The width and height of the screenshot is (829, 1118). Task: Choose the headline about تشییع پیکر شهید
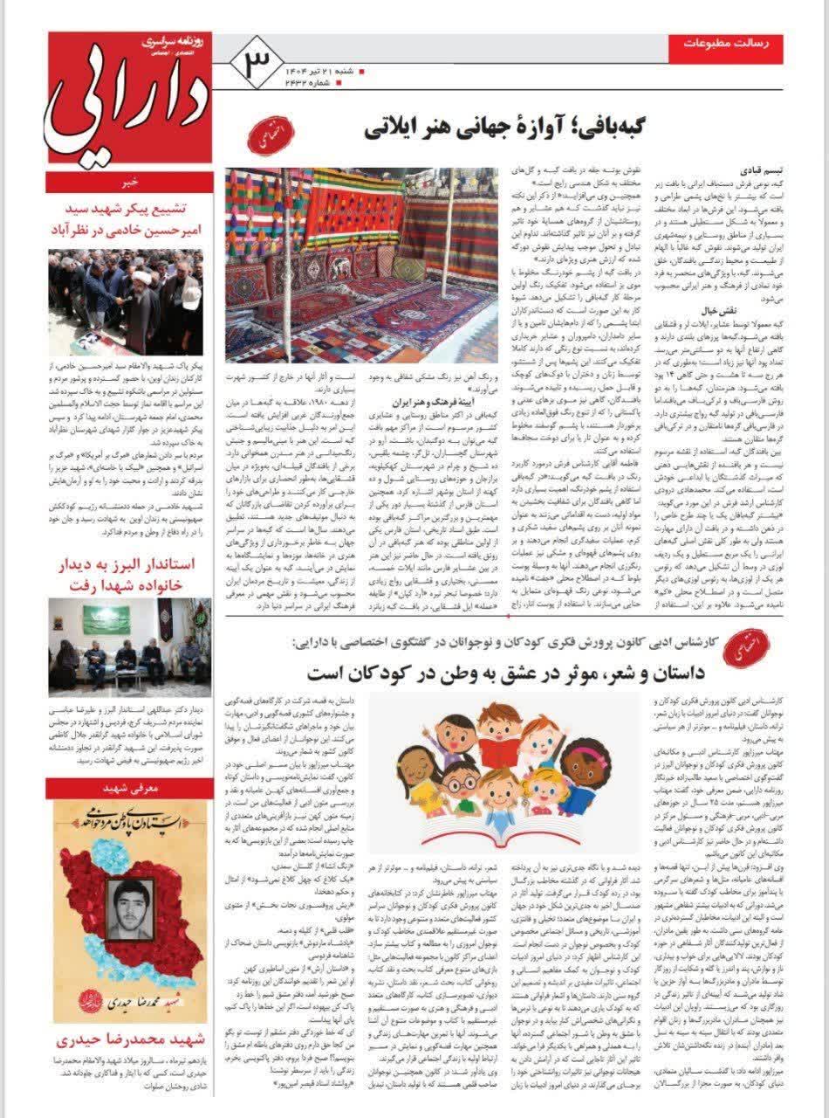128,220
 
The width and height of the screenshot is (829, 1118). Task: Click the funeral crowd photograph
128,301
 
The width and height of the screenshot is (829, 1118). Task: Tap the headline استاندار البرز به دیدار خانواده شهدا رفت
128,575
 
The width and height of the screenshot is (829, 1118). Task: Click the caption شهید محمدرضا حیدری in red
128,1040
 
